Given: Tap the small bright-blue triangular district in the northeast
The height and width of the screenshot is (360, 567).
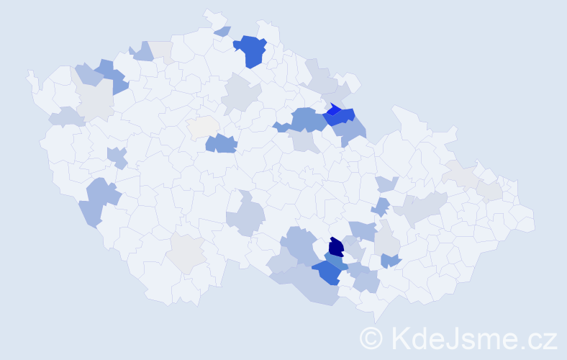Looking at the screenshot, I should [333, 109].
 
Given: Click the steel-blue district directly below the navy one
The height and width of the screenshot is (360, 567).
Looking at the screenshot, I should [334, 261].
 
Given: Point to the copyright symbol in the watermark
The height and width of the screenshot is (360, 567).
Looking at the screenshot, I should [372, 337].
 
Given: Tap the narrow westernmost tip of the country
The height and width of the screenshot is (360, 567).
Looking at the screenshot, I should [30, 73].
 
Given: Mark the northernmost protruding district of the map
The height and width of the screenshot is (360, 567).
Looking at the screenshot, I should [209, 14].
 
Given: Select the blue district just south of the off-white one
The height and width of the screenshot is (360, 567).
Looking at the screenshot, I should [221, 143].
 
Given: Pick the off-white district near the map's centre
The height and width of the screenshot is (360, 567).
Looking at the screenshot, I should [203, 125].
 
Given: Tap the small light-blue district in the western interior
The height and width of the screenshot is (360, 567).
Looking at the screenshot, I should [116, 156].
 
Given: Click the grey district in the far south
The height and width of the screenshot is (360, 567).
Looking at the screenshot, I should [186, 253].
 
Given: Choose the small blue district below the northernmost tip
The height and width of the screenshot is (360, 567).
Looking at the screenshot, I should [223, 31].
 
